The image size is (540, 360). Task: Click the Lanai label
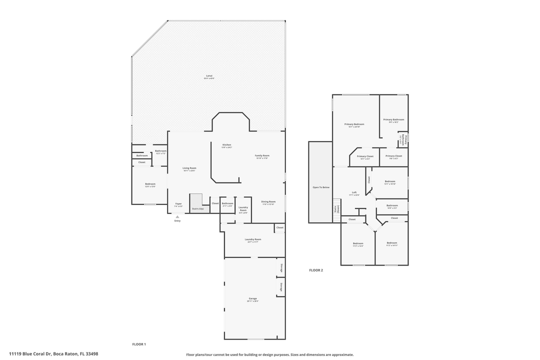click(x=209, y=76)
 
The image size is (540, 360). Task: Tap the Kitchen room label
click(x=226, y=145)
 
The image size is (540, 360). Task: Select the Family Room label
click(x=262, y=155)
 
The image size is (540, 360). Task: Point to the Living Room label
click(x=189, y=168)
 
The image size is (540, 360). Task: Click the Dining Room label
click(x=268, y=201)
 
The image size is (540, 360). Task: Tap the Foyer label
click(x=178, y=203)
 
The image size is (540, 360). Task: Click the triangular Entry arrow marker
click(x=177, y=216)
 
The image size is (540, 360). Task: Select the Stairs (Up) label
click(x=197, y=208)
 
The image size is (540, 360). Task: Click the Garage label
click(x=252, y=298)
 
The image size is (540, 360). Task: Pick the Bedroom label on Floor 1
click(x=150, y=184)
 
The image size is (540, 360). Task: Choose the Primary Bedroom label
click(x=354, y=124)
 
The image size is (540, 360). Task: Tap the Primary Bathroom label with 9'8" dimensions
click(x=393, y=119)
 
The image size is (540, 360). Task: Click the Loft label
click(x=354, y=192)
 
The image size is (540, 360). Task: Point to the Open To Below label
click(x=320, y=187)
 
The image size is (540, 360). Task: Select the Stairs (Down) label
click(x=337, y=209)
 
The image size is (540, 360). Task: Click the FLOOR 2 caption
click(x=316, y=270)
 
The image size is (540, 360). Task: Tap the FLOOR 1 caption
click(x=138, y=344)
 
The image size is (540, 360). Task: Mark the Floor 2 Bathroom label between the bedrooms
click(x=392, y=205)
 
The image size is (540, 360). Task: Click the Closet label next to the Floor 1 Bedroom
click(x=142, y=162)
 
